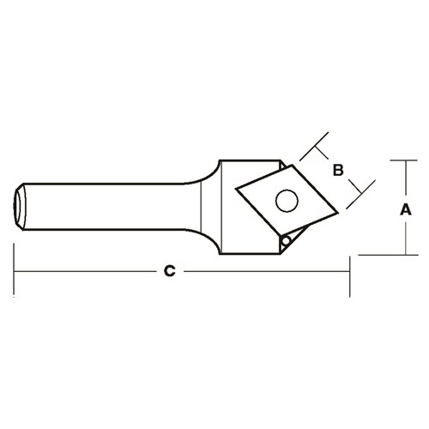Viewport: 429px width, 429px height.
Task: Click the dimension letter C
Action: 170,272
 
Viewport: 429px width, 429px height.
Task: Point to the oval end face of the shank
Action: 19,208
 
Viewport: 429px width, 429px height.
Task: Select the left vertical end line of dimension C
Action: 15,270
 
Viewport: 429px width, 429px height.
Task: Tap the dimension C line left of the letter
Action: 86,272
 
